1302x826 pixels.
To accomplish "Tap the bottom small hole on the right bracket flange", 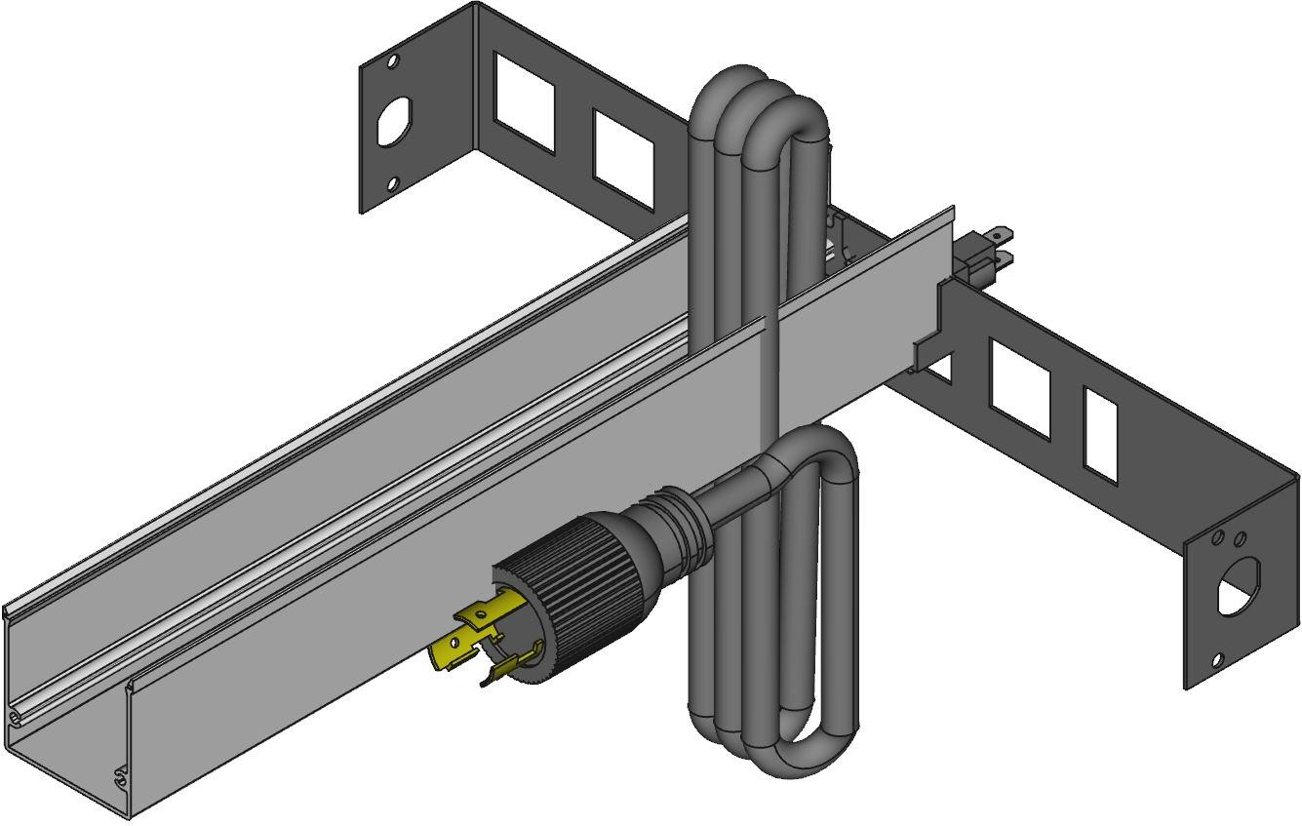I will point(1217,660).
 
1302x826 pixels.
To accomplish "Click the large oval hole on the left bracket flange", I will point(392,122).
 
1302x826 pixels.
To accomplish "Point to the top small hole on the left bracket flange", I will point(393,60).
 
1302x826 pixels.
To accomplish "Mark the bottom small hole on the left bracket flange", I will point(392,183).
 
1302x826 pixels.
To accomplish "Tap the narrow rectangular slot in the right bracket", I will point(1100,433).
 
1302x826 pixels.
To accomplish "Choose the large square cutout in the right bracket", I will point(1020,387).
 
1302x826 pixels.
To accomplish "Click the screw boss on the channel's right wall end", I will point(121,777).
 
